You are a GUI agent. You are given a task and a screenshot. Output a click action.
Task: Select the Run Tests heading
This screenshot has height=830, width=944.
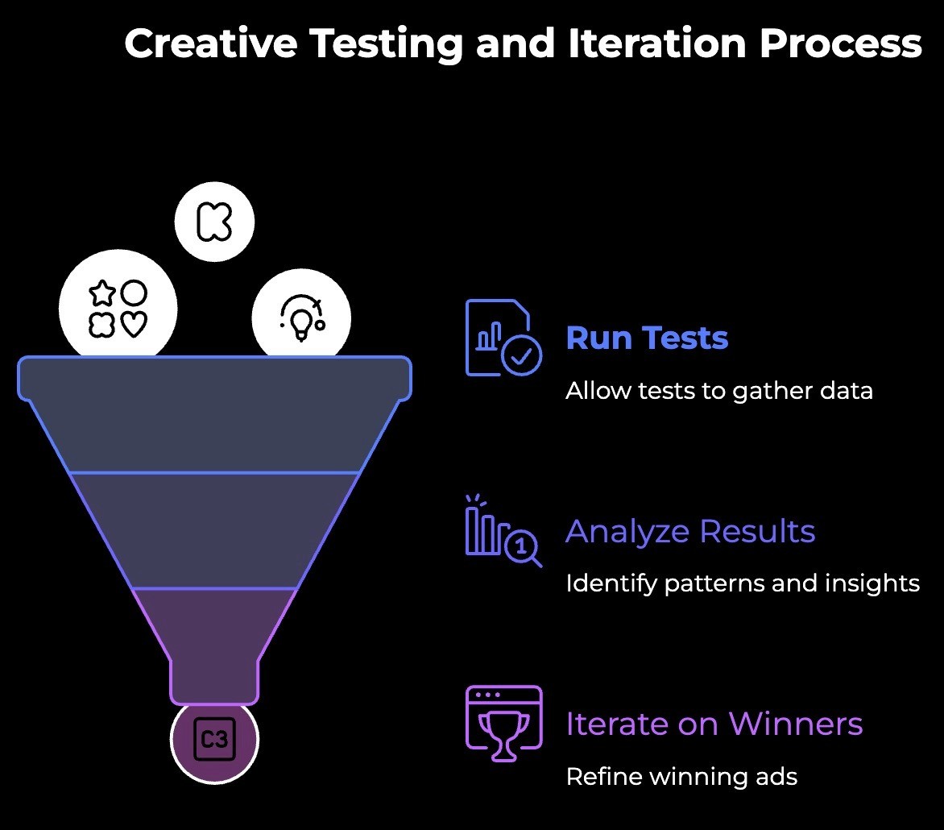click(x=647, y=338)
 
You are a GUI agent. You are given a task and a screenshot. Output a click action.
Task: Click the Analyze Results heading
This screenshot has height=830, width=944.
click(x=690, y=532)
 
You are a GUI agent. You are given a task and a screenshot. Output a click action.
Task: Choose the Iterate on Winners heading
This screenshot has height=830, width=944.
click(x=714, y=724)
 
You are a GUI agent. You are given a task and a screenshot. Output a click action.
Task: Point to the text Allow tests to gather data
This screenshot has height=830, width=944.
click(x=718, y=391)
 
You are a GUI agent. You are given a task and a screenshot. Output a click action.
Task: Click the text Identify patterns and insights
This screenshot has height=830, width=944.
click(x=742, y=583)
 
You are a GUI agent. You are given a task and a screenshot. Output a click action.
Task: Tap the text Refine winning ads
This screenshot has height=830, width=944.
click(x=681, y=777)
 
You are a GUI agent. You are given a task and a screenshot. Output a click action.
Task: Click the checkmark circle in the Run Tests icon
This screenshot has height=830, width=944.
click(x=521, y=355)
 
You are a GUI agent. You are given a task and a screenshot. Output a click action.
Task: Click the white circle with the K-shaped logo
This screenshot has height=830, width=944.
click(x=214, y=220)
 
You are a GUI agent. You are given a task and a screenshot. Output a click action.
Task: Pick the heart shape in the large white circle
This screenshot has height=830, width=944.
click(x=134, y=324)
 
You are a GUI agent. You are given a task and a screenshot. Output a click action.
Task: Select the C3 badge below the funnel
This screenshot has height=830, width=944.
click(x=214, y=739)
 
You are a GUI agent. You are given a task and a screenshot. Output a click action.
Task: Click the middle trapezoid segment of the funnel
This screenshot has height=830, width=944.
click(x=214, y=529)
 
